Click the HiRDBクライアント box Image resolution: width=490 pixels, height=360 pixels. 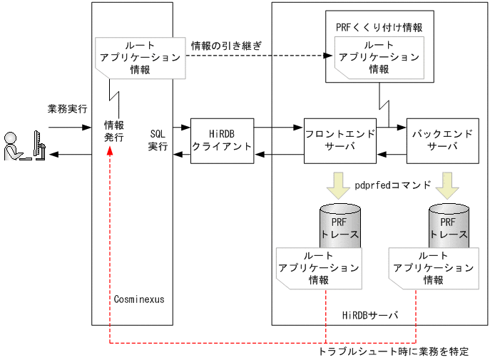coord(222,140)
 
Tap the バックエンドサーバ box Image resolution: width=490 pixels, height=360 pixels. coord(442,140)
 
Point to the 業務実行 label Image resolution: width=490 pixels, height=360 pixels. coord(67,109)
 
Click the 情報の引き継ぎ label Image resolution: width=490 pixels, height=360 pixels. coord(226,46)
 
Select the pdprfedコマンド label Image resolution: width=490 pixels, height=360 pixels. coord(393,185)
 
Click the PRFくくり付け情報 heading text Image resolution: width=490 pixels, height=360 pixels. coord(379,27)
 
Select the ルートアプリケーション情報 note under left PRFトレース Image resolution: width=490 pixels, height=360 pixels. coord(319,268)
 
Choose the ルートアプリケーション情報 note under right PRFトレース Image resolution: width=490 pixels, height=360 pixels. coord(433,268)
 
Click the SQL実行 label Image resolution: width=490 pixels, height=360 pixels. coord(158,140)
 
